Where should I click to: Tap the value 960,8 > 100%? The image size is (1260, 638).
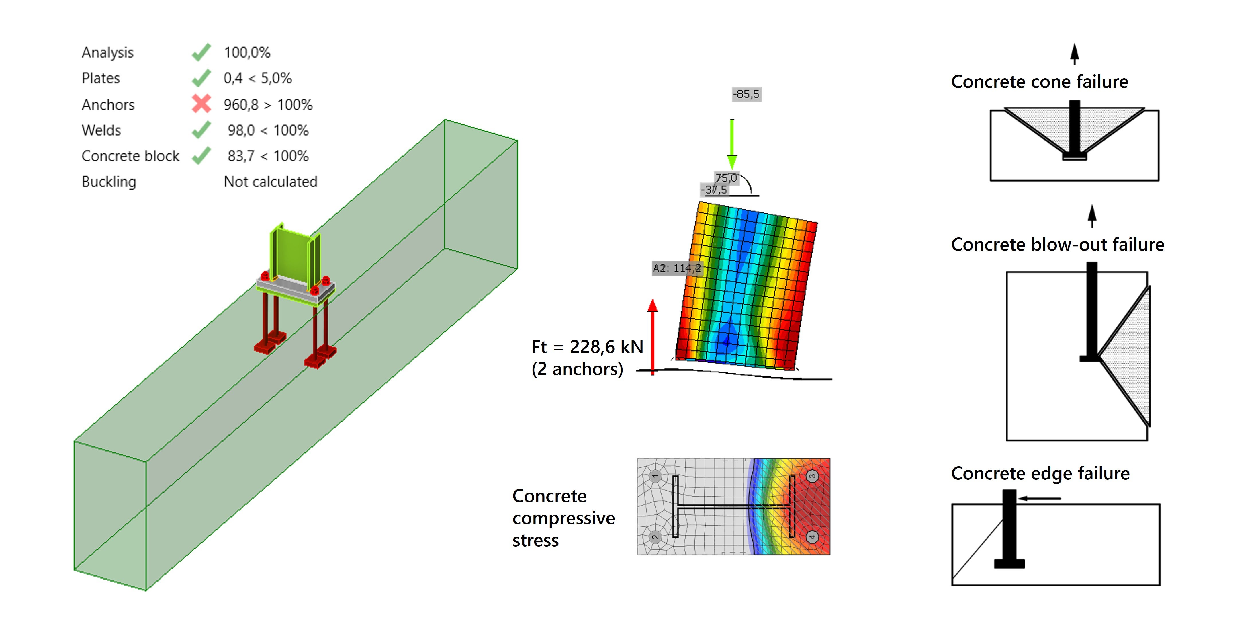[267, 105]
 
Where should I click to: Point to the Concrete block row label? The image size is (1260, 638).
[130, 156]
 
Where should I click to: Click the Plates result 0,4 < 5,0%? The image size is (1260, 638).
[257, 78]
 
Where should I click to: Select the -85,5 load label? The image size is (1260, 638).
[746, 94]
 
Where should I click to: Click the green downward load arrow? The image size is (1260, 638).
[732, 144]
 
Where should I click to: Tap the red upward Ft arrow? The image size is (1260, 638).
[652, 337]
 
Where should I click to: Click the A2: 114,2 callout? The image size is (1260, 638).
[676, 268]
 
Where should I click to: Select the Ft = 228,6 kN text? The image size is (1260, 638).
[587, 347]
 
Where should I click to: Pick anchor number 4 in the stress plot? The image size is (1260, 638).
[812, 537]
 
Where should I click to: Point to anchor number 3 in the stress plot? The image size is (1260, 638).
[812, 476]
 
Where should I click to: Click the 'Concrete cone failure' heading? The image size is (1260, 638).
[1039, 82]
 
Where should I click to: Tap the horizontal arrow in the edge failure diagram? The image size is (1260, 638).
[1039, 499]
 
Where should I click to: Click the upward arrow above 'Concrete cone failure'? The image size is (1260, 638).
[1074, 54]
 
